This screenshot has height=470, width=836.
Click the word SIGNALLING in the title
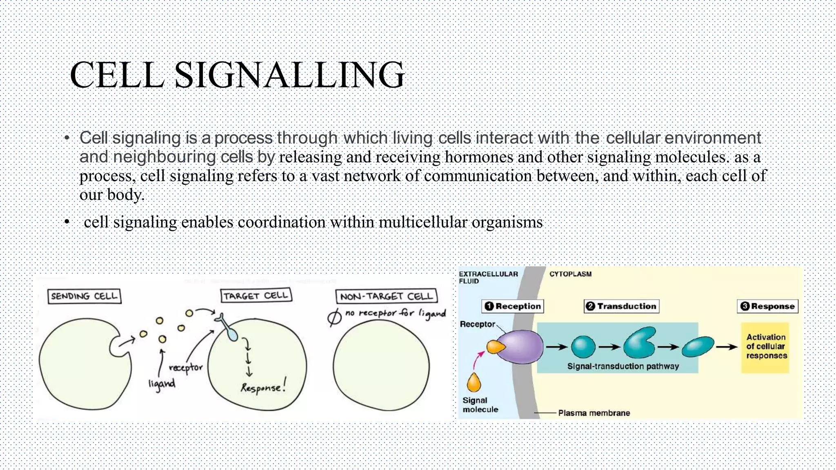(289, 75)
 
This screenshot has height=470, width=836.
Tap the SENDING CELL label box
(84, 296)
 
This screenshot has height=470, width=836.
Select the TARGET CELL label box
(256, 295)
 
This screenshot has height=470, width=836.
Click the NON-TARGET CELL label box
(386, 296)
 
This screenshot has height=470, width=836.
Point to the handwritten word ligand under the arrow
(162, 384)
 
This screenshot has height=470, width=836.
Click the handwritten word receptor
(186, 368)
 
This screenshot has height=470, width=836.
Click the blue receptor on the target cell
(229, 328)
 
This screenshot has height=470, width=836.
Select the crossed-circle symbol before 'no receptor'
(334, 317)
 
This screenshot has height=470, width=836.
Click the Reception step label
(513, 306)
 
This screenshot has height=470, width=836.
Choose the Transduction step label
(621, 306)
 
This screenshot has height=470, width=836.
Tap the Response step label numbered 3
(767, 306)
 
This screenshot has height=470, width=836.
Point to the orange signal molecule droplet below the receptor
(474, 383)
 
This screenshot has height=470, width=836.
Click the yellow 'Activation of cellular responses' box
(765, 347)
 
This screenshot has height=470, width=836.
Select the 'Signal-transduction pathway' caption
(623, 366)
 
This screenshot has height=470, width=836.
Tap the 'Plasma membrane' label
(594, 413)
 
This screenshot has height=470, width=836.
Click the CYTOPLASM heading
(570, 274)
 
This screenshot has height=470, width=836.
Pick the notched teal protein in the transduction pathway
(639, 343)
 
